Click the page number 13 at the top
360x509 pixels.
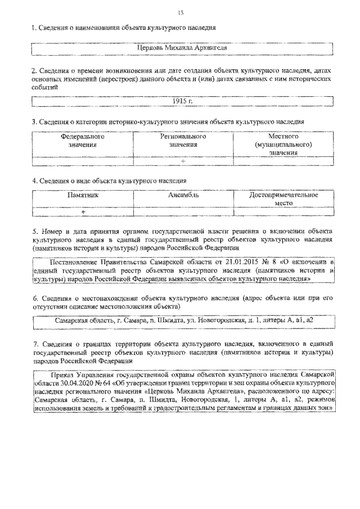(x=181, y=13)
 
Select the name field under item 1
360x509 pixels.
(x=183, y=49)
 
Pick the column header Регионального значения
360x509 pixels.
(x=183, y=141)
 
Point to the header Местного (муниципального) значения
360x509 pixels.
(x=283, y=145)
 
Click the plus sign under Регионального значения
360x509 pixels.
(x=183, y=161)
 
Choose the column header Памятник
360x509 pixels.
(x=83, y=195)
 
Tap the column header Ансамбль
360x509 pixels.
(x=183, y=195)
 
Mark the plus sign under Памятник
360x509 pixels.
(x=83, y=211)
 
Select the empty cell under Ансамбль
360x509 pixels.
(x=183, y=211)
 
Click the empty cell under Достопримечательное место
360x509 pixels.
(x=284, y=211)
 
